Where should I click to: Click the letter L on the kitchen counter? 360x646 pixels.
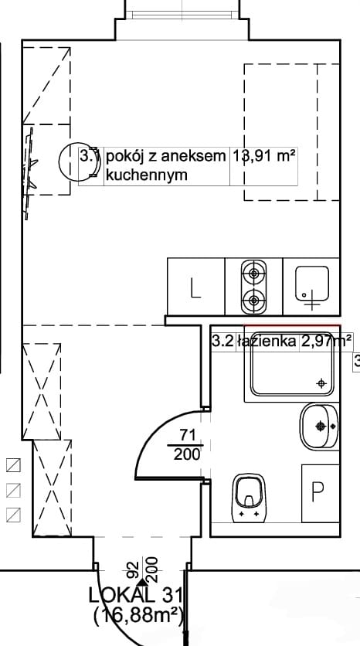[x=195, y=288]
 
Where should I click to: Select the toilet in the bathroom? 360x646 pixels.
[x=249, y=498]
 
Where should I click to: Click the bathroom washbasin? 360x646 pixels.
[x=319, y=427]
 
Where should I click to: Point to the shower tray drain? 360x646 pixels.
[x=321, y=383]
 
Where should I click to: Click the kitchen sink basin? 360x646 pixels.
[x=312, y=284]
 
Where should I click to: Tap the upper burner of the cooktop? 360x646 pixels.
[x=253, y=273]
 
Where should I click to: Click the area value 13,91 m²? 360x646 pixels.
[x=264, y=156]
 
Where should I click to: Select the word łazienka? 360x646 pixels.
[x=267, y=341]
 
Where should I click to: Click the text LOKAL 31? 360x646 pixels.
[x=135, y=595]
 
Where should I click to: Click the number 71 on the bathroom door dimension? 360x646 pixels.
[x=187, y=434]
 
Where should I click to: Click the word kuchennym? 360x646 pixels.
[x=147, y=175]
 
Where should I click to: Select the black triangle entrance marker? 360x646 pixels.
[x=142, y=582]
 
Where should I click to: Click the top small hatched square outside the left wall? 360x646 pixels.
[x=14, y=465]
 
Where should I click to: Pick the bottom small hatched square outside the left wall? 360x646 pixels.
[x=14, y=515]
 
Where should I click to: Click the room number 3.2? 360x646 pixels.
[x=222, y=341]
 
